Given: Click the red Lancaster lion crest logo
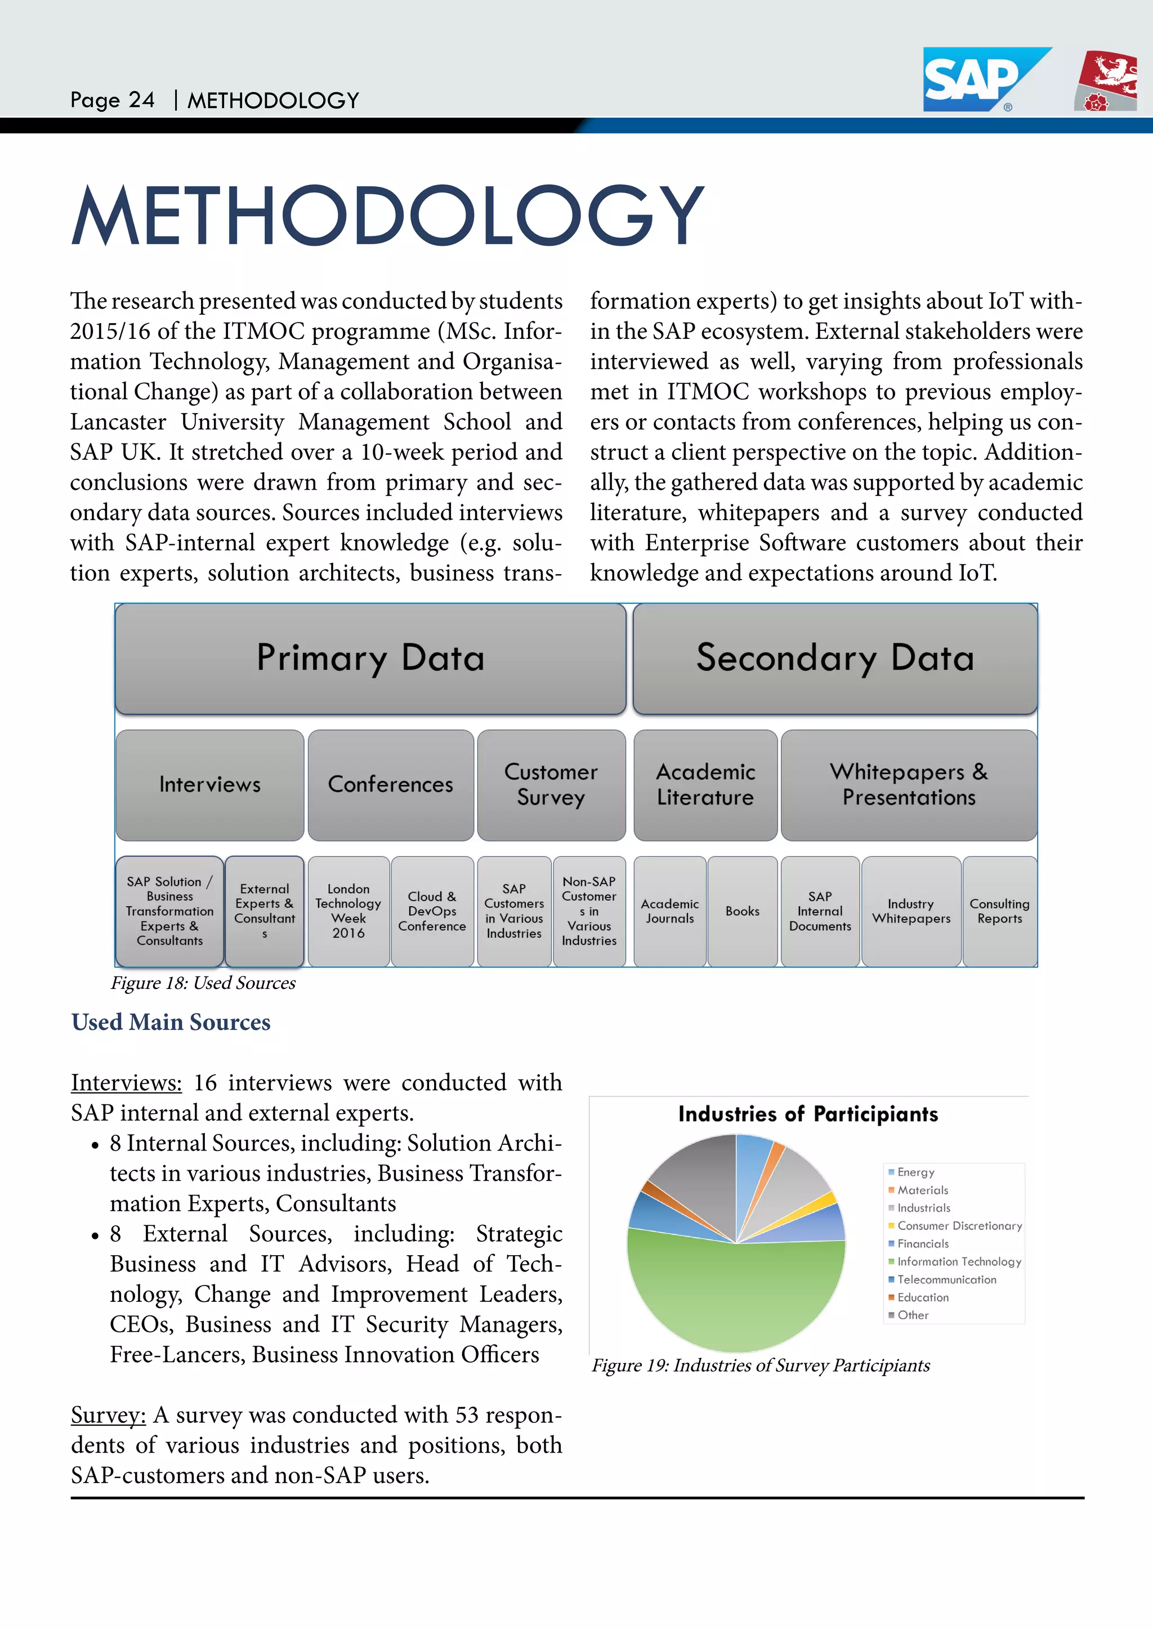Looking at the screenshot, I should (x=1106, y=81).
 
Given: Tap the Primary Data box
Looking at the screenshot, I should (x=370, y=658).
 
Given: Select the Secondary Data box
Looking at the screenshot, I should (x=835, y=658).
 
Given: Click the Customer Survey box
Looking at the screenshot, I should (x=551, y=785).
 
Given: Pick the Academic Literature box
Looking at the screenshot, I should (x=705, y=785).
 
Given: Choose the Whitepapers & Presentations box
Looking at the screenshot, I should (x=909, y=785).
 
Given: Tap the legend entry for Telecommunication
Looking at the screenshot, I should (x=946, y=1279).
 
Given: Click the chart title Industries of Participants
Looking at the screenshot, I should (x=808, y=1114).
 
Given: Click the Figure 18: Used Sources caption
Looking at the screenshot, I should (x=203, y=983).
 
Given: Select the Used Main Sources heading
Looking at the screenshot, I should (x=171, y=1022).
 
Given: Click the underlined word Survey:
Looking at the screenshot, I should (x=108, y=1415).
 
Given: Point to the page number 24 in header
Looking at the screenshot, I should (x=141, y=100).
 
